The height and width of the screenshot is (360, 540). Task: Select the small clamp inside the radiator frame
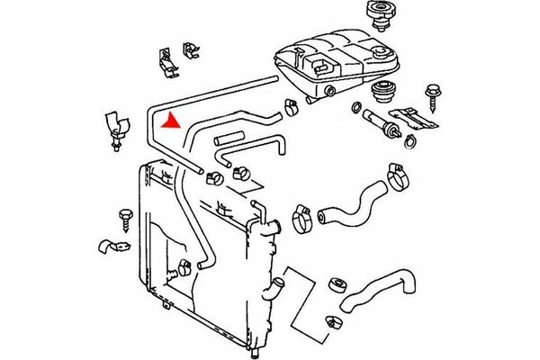coord(185,266)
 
